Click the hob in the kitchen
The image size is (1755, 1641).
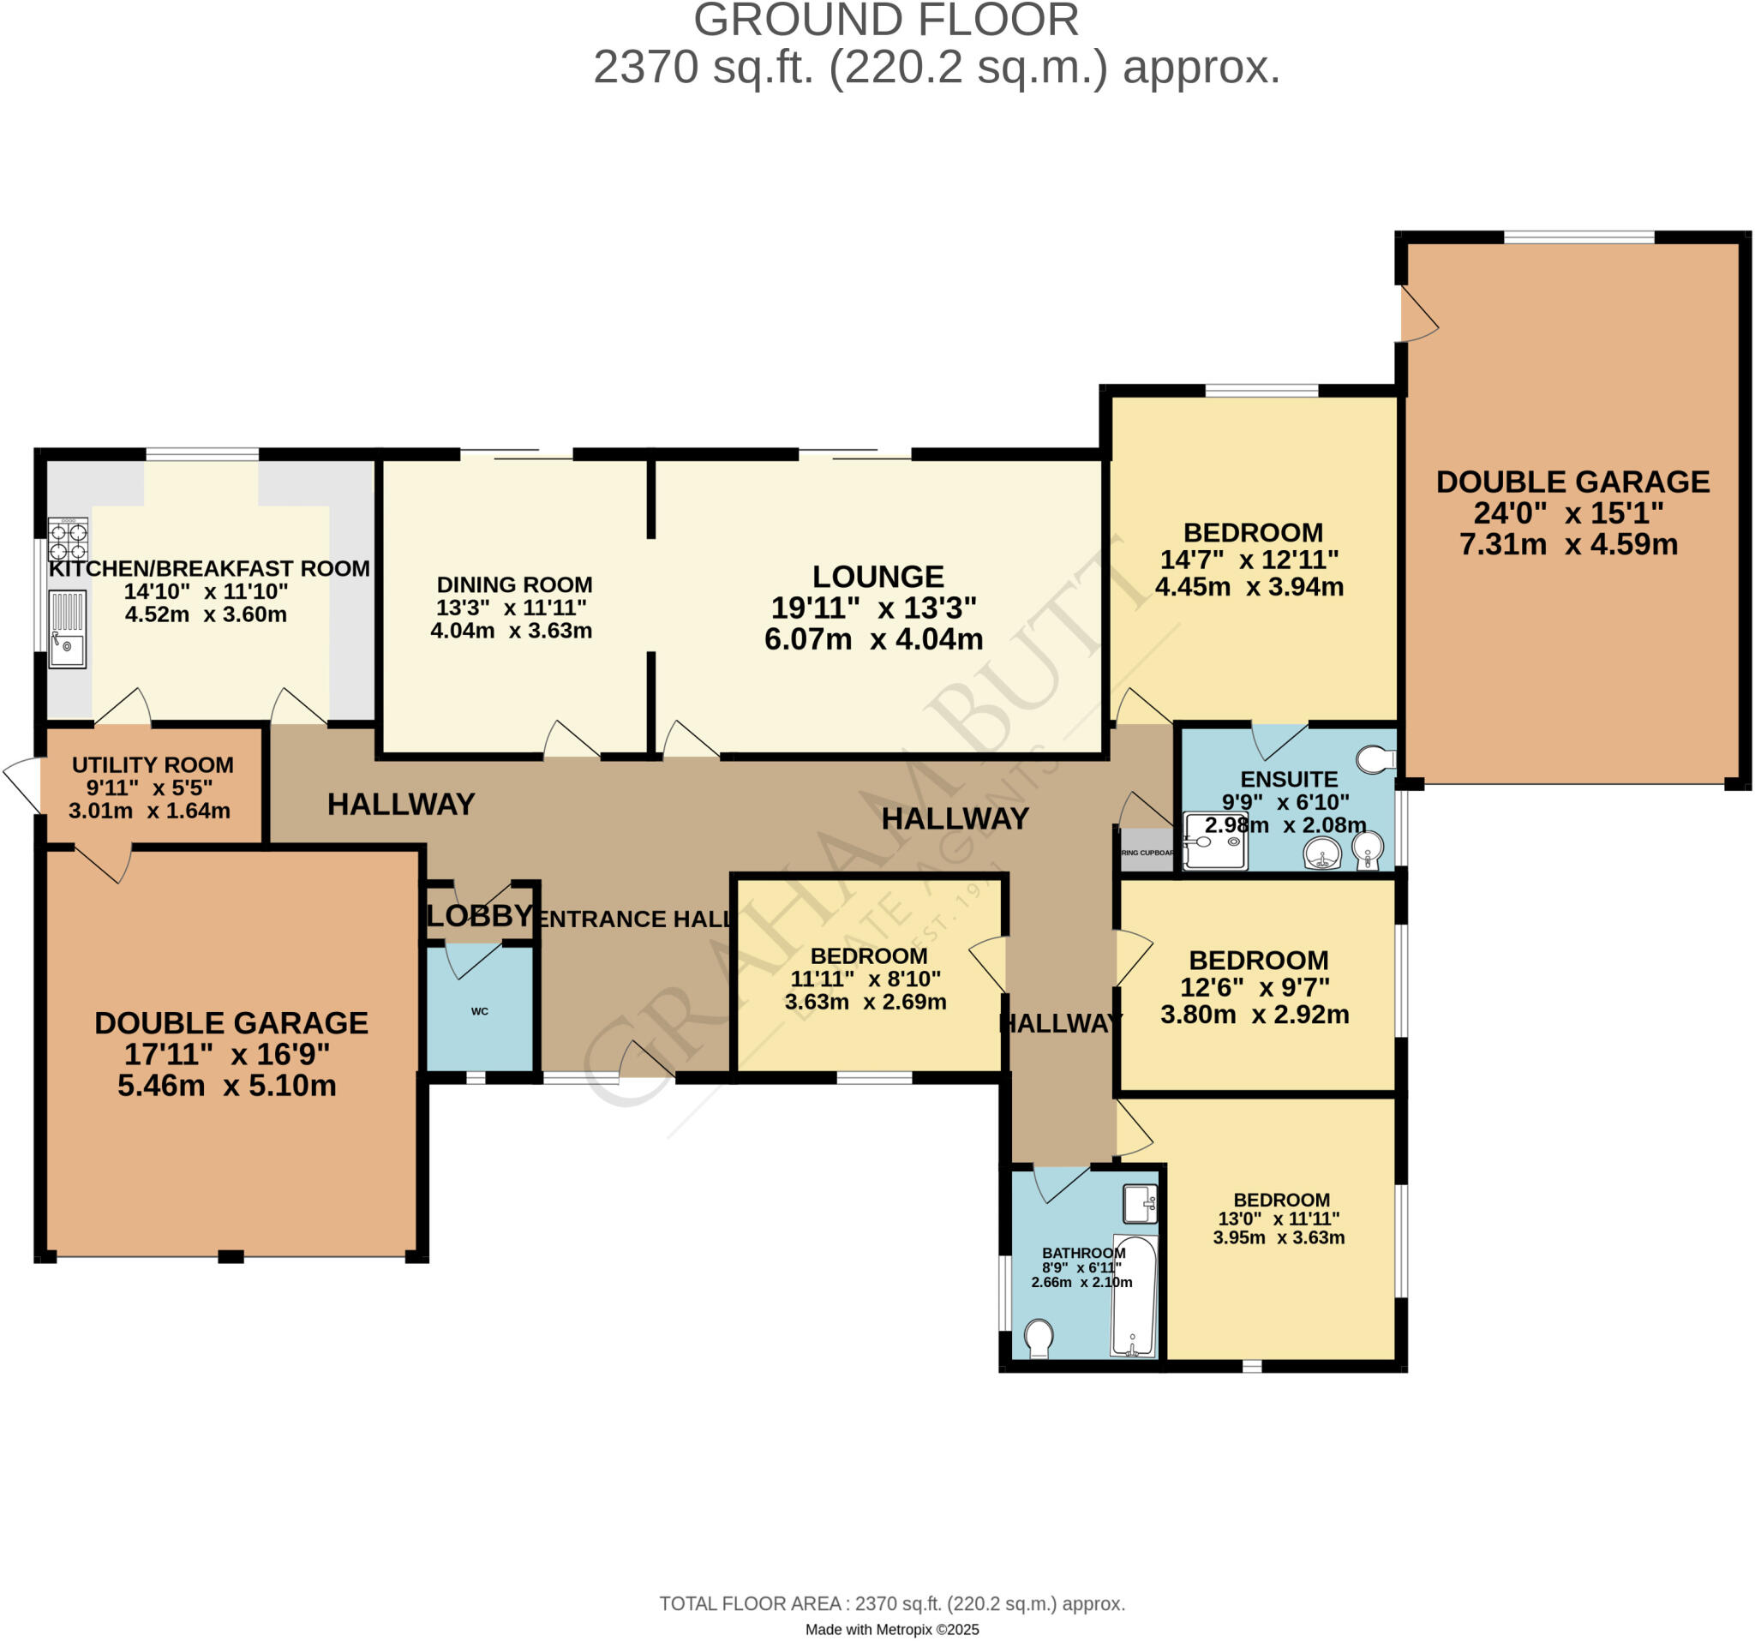pyautogui.click(x=68, y=540)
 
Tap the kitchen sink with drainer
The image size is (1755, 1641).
pyautogui.click(x=67, y=628)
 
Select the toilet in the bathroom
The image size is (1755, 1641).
pyautogui.click(x=1039, y=1338)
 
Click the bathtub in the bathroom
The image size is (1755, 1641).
pyautogui.click(x=1134, y=1296)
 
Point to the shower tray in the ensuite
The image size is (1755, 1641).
pyautogui.click(x=1213, y=841)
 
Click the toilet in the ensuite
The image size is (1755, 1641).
pyautogui.click(x=1375, y=759)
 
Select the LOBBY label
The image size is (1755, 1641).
pyautogui.click(x=479, y=916)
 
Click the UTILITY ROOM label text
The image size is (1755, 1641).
pyautogui.click(x=153, y=764)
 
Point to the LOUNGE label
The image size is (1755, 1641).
pyautogui.click(x=877, y=577)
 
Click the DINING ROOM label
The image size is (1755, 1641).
pyautogui.click(x=515, y=584)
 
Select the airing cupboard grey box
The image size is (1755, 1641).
pyautogui.click(x=1146, y=851)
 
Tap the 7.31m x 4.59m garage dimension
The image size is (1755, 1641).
pyautogui.click(x=1568, y=544)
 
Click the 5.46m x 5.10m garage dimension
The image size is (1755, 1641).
pyautogui.click(x=227, y=1085)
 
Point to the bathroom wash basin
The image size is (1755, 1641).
pyautogui.click(x=1139, y=1204)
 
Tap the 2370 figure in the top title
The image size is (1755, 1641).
pyautogui.click(x=645, y=67)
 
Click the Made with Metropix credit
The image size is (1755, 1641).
pyautogui.click(x=891, y=1630)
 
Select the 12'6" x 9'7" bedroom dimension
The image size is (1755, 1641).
pyautogui.click(x=1255, y=987)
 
